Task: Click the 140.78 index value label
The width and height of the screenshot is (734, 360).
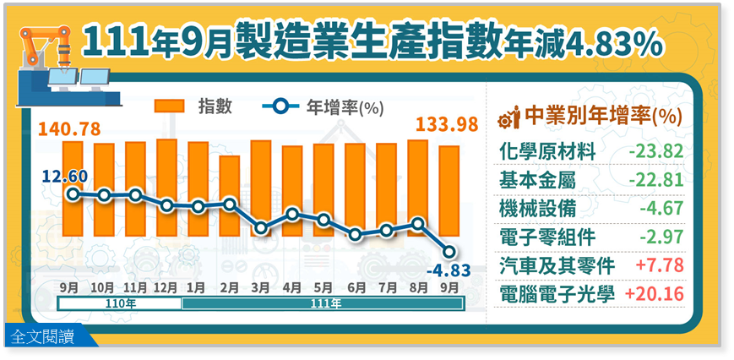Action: pyautogui.click(x=70, y=128)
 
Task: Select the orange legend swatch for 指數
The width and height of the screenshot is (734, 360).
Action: pyautogui.click(x=169, y=106)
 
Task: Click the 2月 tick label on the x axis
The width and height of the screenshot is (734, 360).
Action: pyautogui.click(x=229, y=286)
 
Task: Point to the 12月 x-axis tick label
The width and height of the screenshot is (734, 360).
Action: pyautogui.click(x=166, y=286)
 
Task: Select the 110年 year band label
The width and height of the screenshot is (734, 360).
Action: pyautogui.click(x=120, y=301)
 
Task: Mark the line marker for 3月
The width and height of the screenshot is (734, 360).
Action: pyautogui.click(x=261, y=228)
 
